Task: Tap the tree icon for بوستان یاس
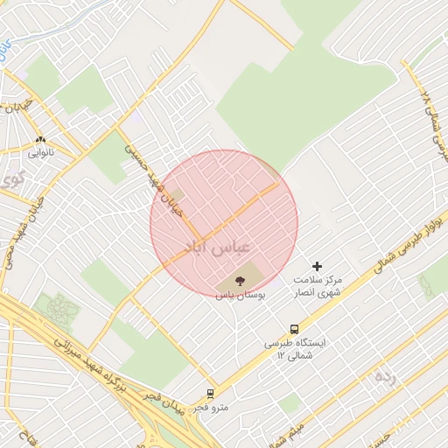(x=240, y=281)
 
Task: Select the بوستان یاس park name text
(x=240, y=296)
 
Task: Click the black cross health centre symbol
(x=317, y=265)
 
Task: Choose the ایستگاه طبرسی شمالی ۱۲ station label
(x=295, y=348)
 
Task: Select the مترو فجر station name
(x=211, y=408)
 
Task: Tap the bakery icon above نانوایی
(x=40, y=139)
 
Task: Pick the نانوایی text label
(x=40, y=153)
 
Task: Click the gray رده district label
(x=385, y=377)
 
